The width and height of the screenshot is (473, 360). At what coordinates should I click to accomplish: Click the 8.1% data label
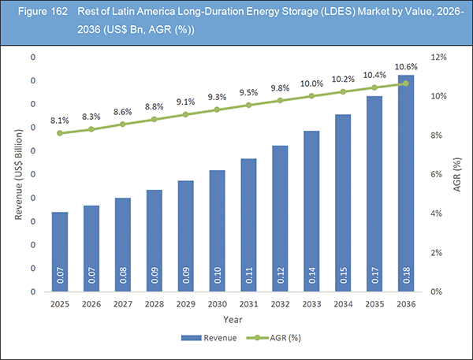point(60,121)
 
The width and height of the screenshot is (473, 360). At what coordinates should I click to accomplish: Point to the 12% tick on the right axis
point(438,58)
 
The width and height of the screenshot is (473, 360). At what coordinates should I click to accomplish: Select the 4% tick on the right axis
point(435,213)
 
